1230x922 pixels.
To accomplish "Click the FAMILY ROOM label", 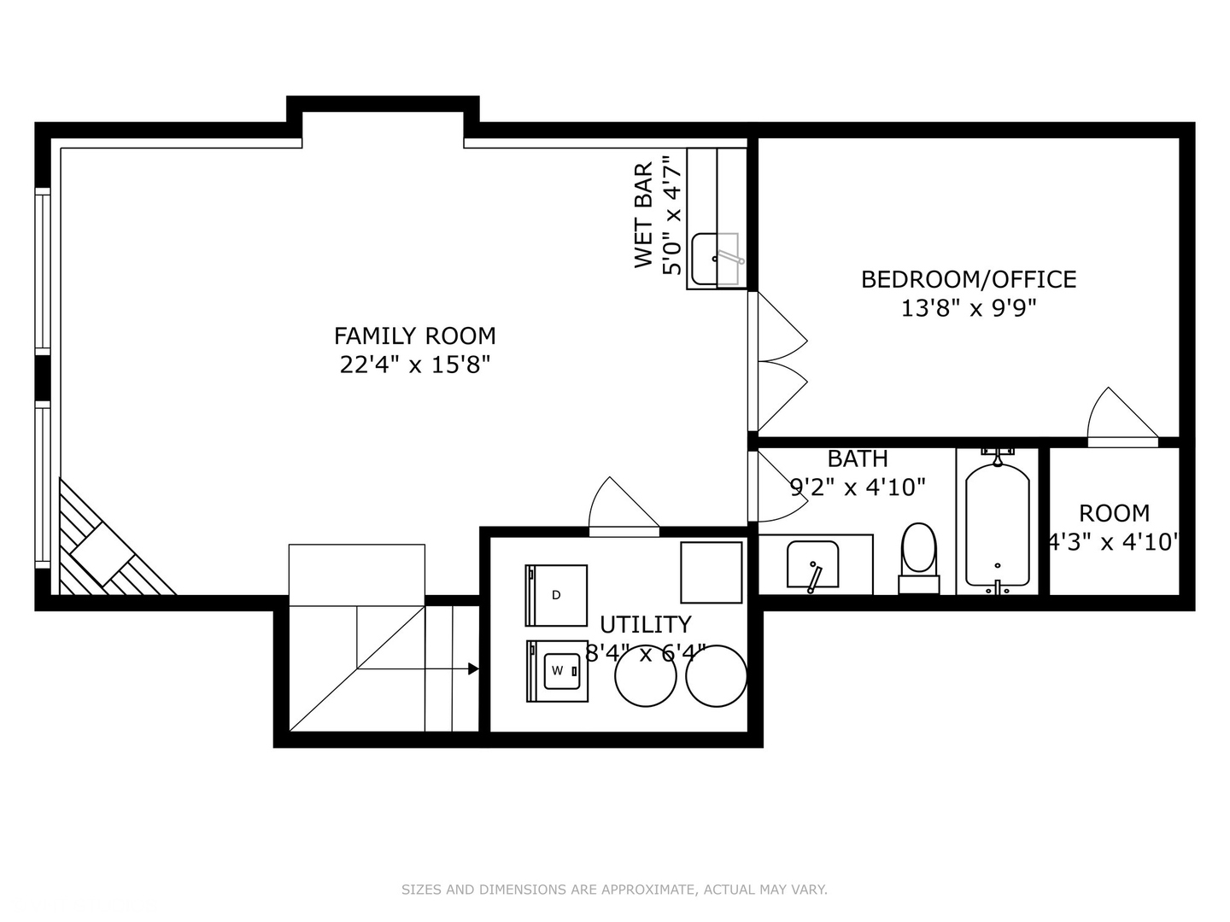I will coord(414,336).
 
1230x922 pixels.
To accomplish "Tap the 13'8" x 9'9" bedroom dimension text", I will coord(968,308).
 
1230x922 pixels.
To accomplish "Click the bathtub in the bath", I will coord(997,522).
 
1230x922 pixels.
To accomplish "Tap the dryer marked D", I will coord(556,595).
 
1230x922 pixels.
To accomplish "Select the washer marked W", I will coord(557,671).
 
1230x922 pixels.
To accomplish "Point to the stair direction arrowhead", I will coord(473,669).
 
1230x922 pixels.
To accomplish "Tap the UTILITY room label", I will coord(645,624).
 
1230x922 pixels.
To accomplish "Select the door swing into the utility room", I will coord(624,508).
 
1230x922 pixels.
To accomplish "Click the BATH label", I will coord(858,458).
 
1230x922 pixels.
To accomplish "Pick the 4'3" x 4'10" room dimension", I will coord(1114,541).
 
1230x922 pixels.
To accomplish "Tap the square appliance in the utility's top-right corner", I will coord(711,572).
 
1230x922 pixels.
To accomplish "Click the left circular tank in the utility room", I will coord(646,676).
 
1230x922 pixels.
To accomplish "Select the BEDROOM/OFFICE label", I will coord(968,279).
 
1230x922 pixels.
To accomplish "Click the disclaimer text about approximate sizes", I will coord(614,890).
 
